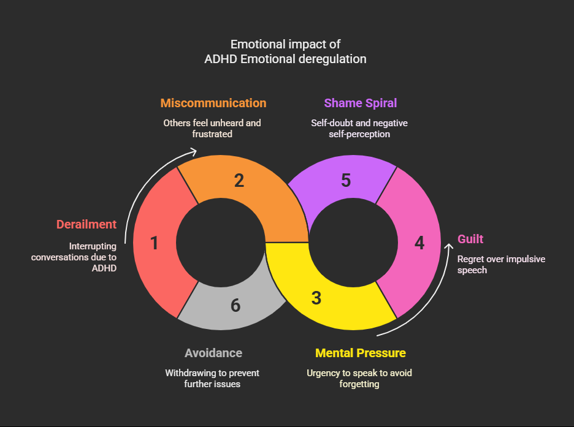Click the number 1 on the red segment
[154, 244]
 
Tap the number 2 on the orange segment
[239, 181]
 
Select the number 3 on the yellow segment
[316, 298]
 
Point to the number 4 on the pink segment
[419, 243]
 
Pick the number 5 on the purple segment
[346, 181]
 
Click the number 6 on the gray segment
[235, 305]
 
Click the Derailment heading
[86, 224]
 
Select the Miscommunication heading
[213, 103]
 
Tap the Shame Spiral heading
[361, 103]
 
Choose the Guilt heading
[471, 239]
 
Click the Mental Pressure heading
[361, 353]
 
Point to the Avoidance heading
[213, 353]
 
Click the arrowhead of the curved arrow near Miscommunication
[194, 151]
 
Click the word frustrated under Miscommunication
[212, 134]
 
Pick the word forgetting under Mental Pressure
[359, 384]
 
